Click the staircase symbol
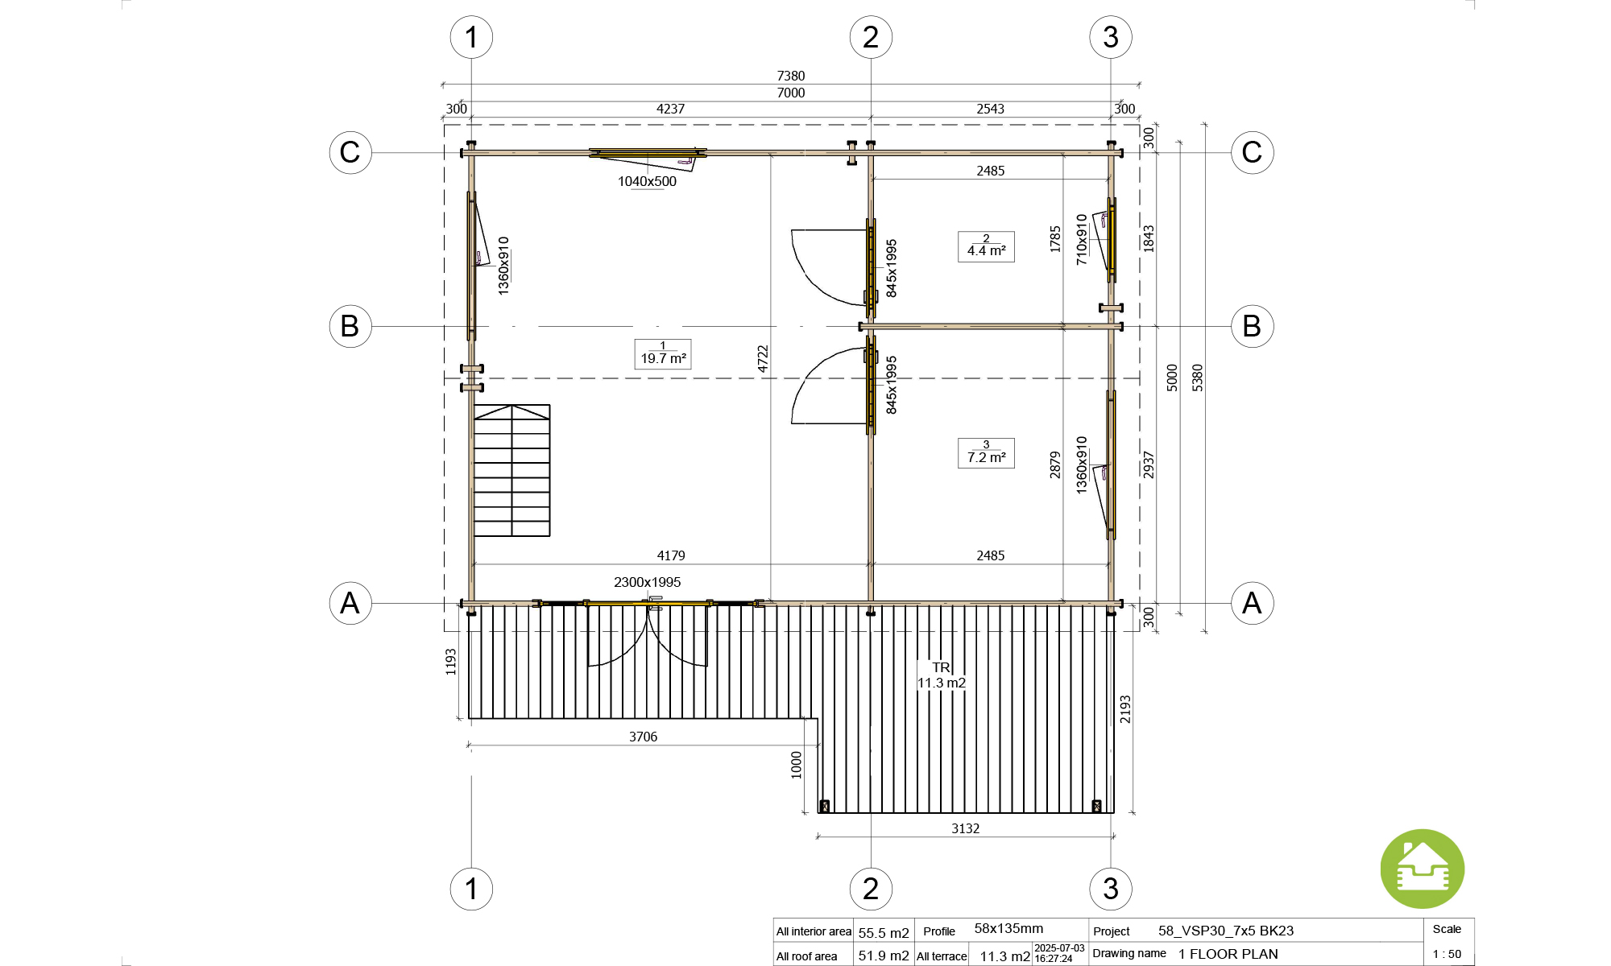pyautogui.click(x=512, y=471)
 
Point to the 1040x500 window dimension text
pyautogui.click(x=647, y=181)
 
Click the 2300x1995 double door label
pyautogui.click(x=647, y=582)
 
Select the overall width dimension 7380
pyautogui.click(x=791, y=76)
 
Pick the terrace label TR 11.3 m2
pyautogui.click(x=941, y=675)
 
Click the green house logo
pyautogui.click(x=1422, y=869)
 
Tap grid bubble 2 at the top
pyautogui.click(x=871, y=37)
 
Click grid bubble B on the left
pyautogui.click(x=350, y=326)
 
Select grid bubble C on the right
pyautogui.click(x=1252, y=152)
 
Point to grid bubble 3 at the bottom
pyautogui.click(x=1111, y=889)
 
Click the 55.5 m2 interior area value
pyautogui.click(x=884, y=933)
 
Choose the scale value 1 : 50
pyautogui.click(x=1447, y=954)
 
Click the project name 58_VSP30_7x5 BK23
pyautogui.click(x=1226, y=931)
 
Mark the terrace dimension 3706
pyautogui.click(x=643, y=737)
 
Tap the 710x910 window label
pyautogui.click(x=1082, y=239)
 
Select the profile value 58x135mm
pyautogui.click(x=1008, y=928)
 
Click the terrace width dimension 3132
pyautogui.click(x=965, y=828)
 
